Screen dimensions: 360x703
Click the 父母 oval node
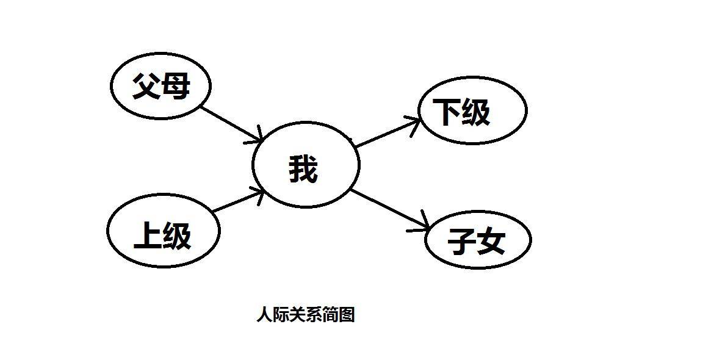pyautogui.click(x=160, y=85)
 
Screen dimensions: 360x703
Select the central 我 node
pyautogui.click(x=306, y=165)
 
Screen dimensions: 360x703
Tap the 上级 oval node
pyautogui.click(x=163, y=233)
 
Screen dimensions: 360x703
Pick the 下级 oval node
pyautogui.click(x=472, y=110)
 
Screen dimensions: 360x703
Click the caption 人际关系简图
pyautogui.click(x=306, y=315)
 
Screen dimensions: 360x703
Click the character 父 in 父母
pyautogui.click(x=146, y=85)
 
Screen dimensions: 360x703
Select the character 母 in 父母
pyautogui.click(x=176, y=85)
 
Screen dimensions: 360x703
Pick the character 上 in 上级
pyautogui.click(x=148, y=236)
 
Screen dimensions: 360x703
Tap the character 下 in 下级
pyautogui.click(x=447, y=112)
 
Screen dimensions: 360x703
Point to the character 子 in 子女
pyautogui.click(x=462, y=242)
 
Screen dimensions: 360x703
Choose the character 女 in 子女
pyautogui.click(x=492, y=242)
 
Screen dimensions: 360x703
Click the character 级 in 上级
pyautogui.click(x=178, y=236)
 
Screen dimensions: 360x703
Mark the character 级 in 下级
pyautogui.click(x=476, y=112)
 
